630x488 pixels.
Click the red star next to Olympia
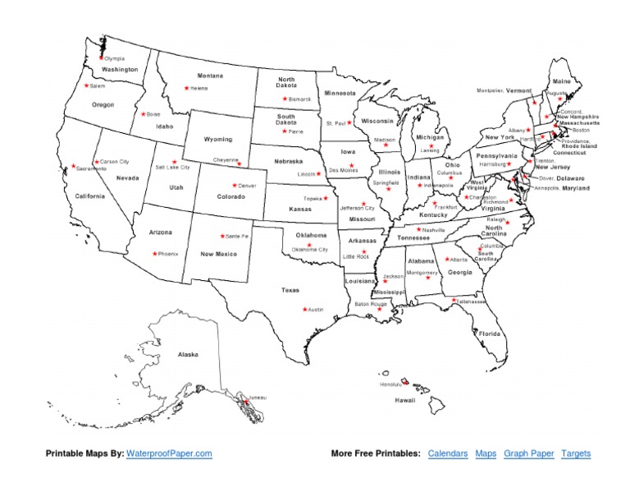click(x=102, y=58)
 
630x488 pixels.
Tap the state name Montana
click(x=210, y=76)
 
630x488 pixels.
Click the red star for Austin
click(x=304, y=309)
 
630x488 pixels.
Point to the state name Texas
click(x=290, y=290)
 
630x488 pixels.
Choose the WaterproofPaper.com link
click(x=169, y=453)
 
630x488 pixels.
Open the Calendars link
click(x=448, y=453)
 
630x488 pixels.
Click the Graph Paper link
click(x=529, y=453)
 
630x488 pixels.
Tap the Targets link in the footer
click(x=576, y=453)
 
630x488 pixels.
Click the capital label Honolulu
click(x=390, y=384)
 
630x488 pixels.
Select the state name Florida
click(x=490, y=334)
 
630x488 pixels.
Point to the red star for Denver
click(x=234, y=185)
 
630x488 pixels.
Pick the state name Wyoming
click(x=218, y=140)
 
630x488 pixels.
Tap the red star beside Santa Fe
click(x=221, y=235)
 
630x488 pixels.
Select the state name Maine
click(x=561, y=82)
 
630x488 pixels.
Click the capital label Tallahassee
click(x=472, y=302)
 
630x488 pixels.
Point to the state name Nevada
click(x=127, y=177)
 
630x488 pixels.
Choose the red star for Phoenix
click(x=153, y=253)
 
